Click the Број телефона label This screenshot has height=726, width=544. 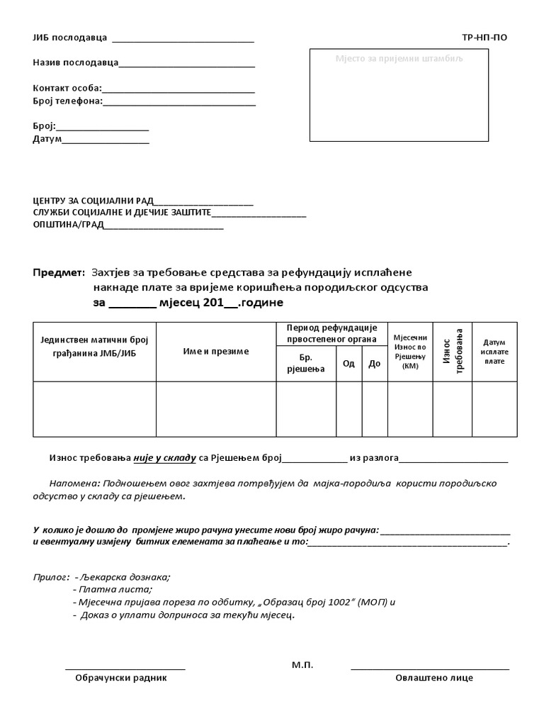(x=67, y=101)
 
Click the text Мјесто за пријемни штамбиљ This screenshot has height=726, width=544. (x=399, y=58)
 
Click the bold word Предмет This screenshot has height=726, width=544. (x=59, y=273)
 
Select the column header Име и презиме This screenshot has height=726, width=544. (x=216, y=352)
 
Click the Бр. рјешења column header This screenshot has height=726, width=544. (x=306, y=364)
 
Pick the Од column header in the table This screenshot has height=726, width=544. (x=348, y=364)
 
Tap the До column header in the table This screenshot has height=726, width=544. (x=375, y=364)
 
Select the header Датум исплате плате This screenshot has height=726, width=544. (x=494, y=352)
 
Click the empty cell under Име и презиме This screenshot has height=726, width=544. (x=216, y=409)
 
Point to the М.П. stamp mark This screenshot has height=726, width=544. (x=302, y=665)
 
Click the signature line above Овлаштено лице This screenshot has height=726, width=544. (x=430, y=669)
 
